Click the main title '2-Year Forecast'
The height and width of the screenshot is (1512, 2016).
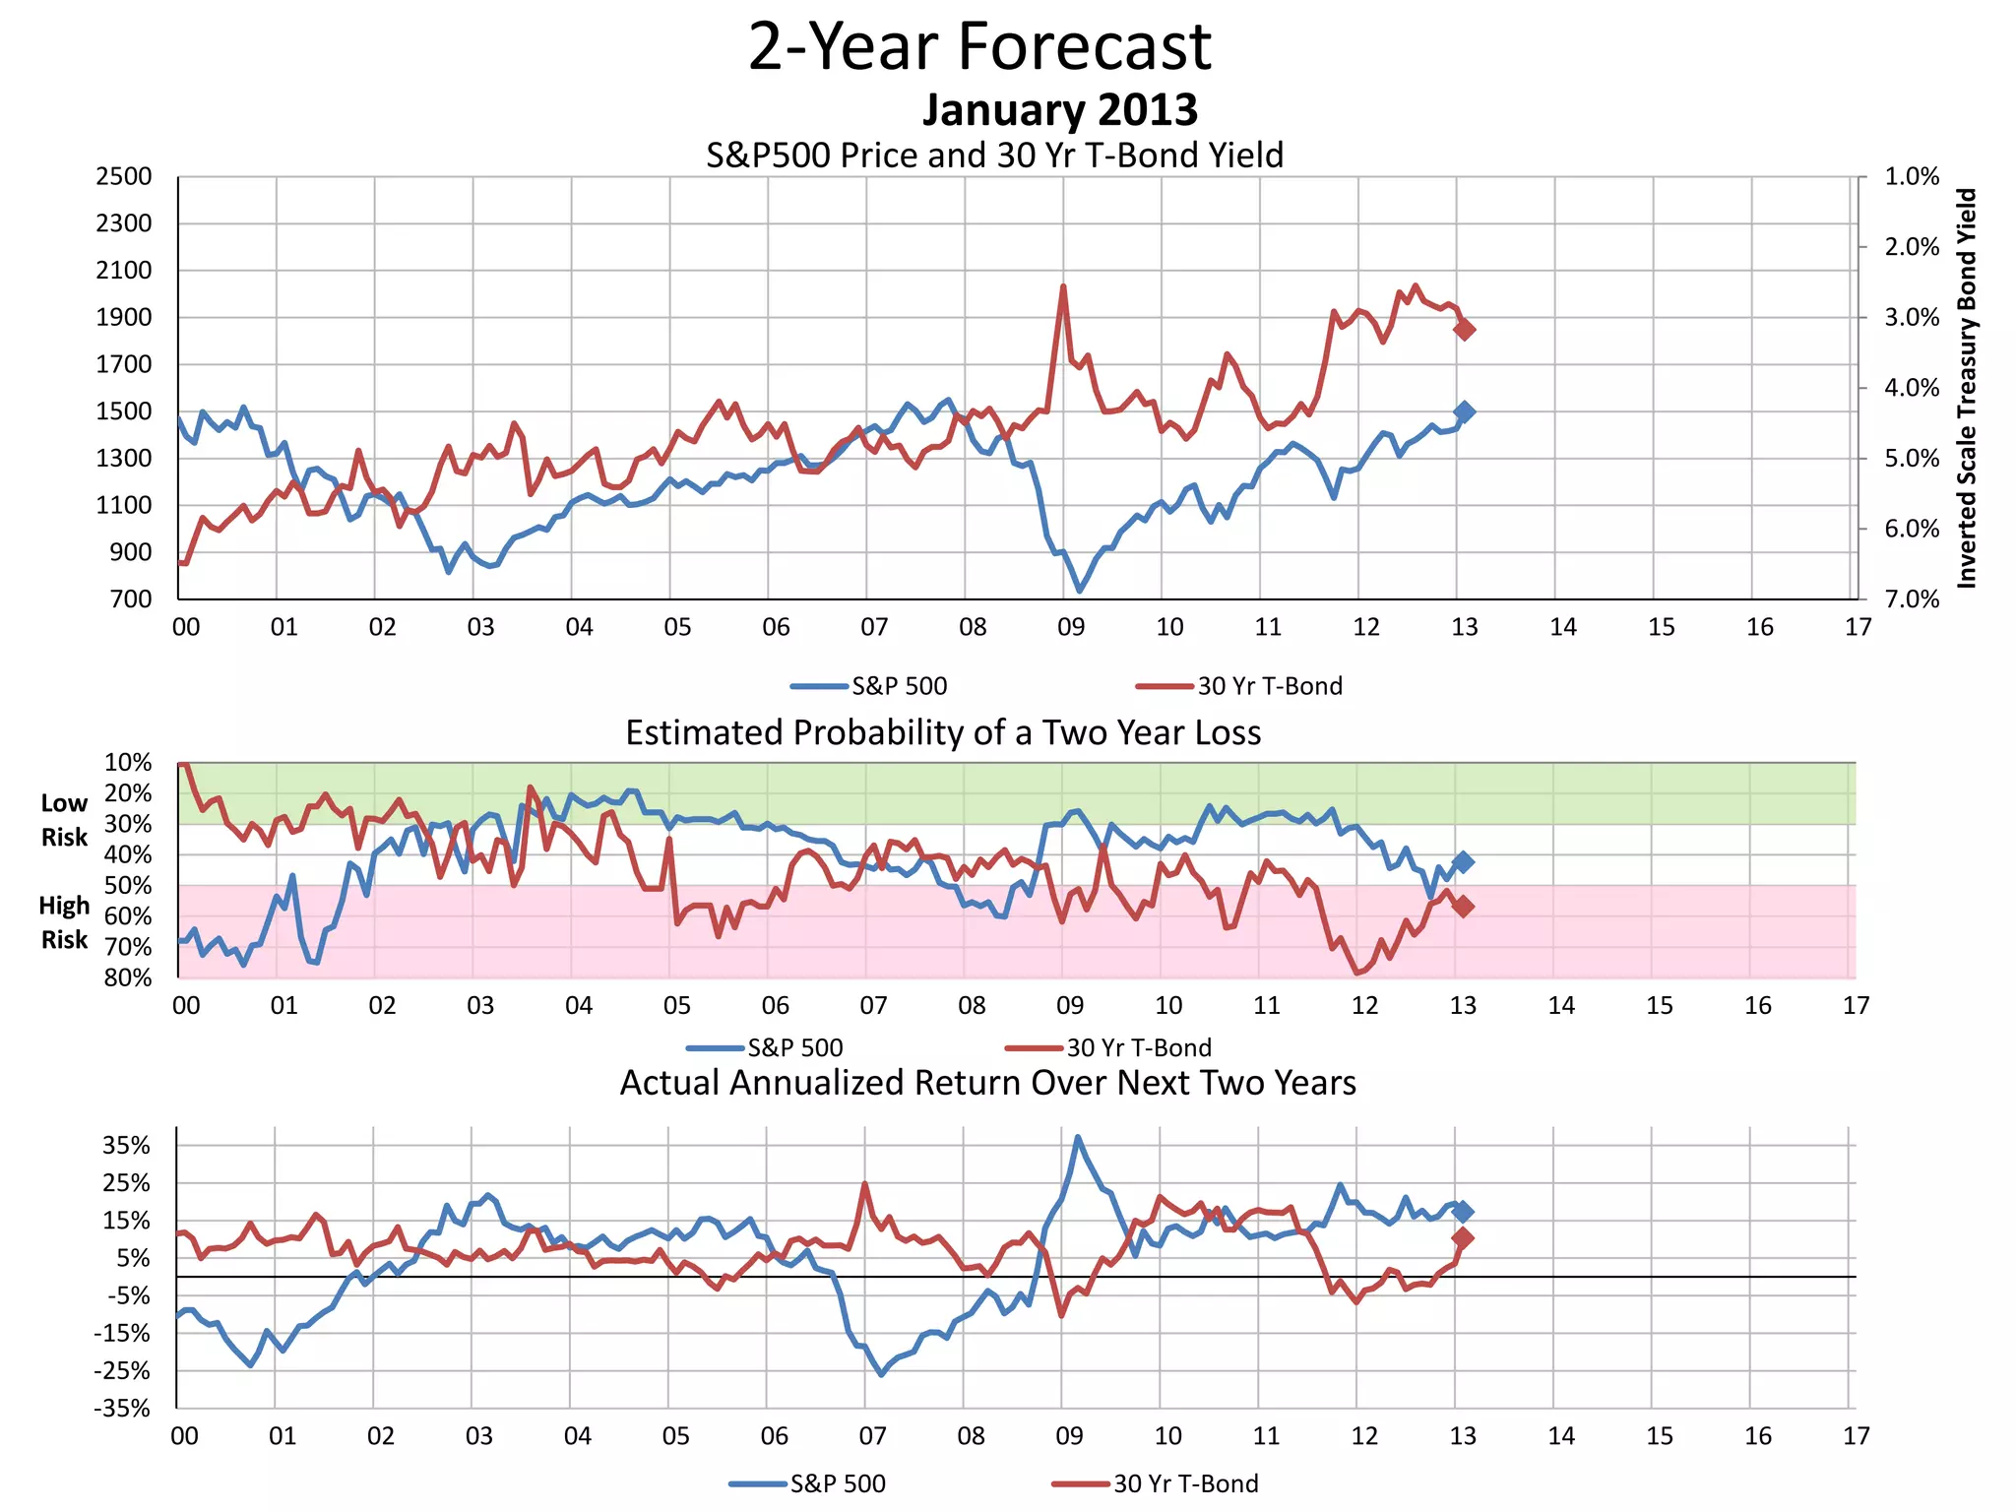click(979, 46)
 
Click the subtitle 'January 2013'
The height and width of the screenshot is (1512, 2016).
click(1059, 109)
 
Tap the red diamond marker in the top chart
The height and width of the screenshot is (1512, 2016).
click(1464, 330)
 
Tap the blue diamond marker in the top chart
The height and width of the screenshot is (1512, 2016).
click(1464, 411)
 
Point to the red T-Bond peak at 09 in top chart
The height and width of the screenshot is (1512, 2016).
click(1063, 287)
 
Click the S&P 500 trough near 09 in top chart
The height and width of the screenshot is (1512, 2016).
click(1080, 590)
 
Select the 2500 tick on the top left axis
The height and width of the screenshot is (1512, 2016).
click(124, 177)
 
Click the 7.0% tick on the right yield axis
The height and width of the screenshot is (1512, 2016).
click(1912, 599)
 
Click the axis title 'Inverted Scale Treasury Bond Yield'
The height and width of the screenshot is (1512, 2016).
click(1966, 389)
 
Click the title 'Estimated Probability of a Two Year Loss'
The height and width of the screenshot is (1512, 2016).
click(943, 733)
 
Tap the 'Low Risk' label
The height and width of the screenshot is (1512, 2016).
click(64, 820)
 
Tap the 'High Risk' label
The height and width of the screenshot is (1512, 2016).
click(64, 922)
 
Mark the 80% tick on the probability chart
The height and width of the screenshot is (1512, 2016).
click(128, 977)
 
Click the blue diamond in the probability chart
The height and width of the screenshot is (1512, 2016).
click(1463, 862)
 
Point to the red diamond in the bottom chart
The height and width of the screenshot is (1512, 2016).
click(1463, 1238)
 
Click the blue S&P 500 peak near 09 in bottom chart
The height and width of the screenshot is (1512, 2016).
click(1078, 1137)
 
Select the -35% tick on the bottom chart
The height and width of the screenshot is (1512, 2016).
click(122, 1409)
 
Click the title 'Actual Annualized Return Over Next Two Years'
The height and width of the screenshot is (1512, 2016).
click(987, 1083)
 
